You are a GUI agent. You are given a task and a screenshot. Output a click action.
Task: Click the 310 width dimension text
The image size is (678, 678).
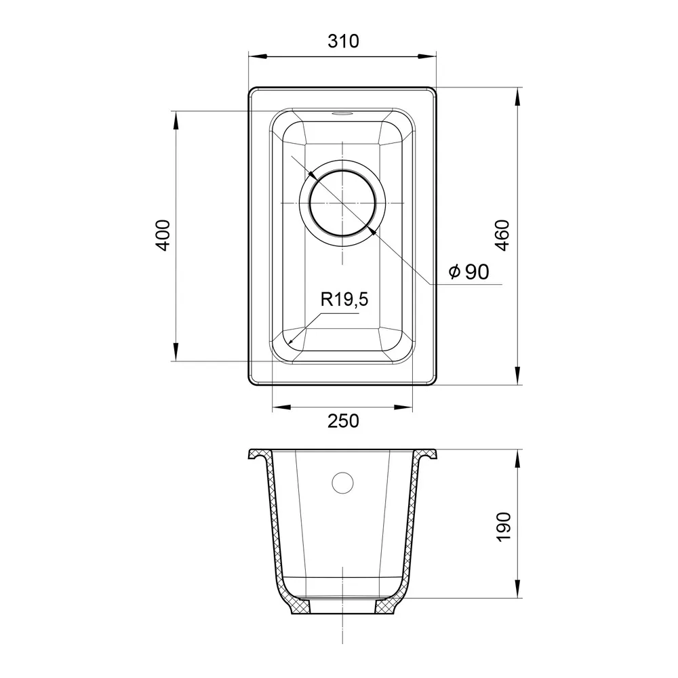tap(343, 41)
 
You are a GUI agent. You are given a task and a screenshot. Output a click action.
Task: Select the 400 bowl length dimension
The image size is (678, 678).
tap(163, 236)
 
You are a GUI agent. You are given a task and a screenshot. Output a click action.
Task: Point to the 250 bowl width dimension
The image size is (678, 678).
tap(343, 421)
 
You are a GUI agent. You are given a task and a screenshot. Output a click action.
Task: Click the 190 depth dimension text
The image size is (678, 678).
tap(503, 526)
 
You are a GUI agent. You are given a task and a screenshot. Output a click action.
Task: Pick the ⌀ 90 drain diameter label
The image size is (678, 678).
tap(468, 272)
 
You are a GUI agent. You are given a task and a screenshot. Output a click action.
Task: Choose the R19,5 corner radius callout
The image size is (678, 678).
tap(344, 299)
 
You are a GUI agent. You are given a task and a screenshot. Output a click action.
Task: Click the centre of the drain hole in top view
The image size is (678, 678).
tap(342, 203)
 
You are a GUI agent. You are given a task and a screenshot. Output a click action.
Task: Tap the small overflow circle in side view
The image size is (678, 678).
tap(342, 483)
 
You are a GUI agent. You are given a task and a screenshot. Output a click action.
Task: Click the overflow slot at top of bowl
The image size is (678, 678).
tap(342, 114)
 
